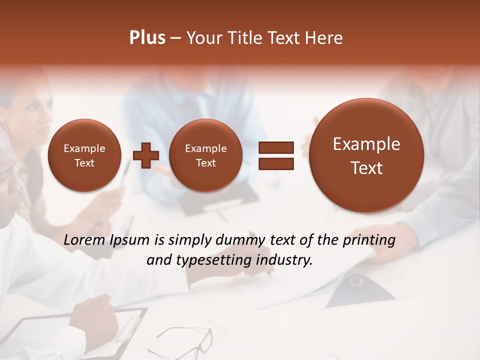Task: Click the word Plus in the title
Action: tap(147, 38)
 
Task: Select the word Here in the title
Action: tap(325, 38)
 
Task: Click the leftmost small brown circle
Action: tap(84, 155)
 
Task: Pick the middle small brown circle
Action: tap(205, 155)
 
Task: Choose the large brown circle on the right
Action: tap(366, 155)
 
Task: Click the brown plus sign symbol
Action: tap(146, 155)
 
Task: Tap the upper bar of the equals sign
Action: tap(275, 147)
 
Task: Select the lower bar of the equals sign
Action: tap(275, 163)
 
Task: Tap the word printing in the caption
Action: tap(369, 240)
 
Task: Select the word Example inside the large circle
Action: tap(366, 144)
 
